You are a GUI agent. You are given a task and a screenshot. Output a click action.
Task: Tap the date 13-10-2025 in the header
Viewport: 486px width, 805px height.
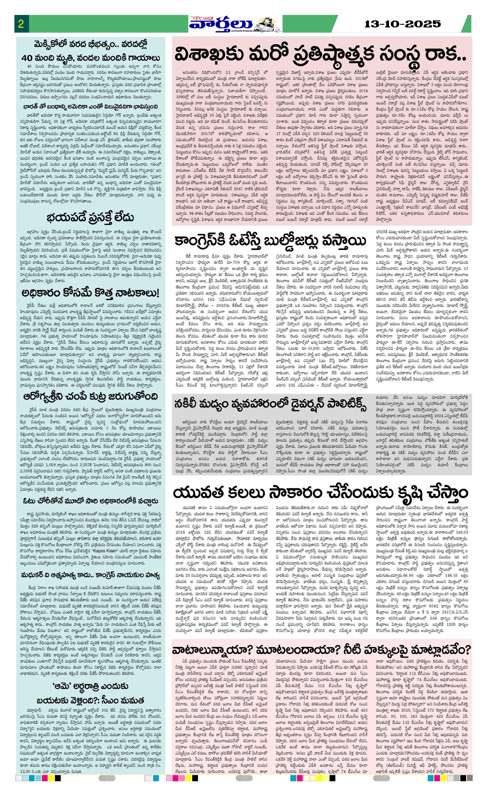pos(403,24)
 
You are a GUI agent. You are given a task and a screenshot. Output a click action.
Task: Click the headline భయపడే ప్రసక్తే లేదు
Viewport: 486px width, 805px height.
pos(90,217)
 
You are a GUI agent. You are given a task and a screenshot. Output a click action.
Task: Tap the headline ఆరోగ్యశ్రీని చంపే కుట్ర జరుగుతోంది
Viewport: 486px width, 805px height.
pos(90,396)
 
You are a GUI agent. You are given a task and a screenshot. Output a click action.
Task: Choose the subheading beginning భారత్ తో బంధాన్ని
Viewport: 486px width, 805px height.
pos(90,107)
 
